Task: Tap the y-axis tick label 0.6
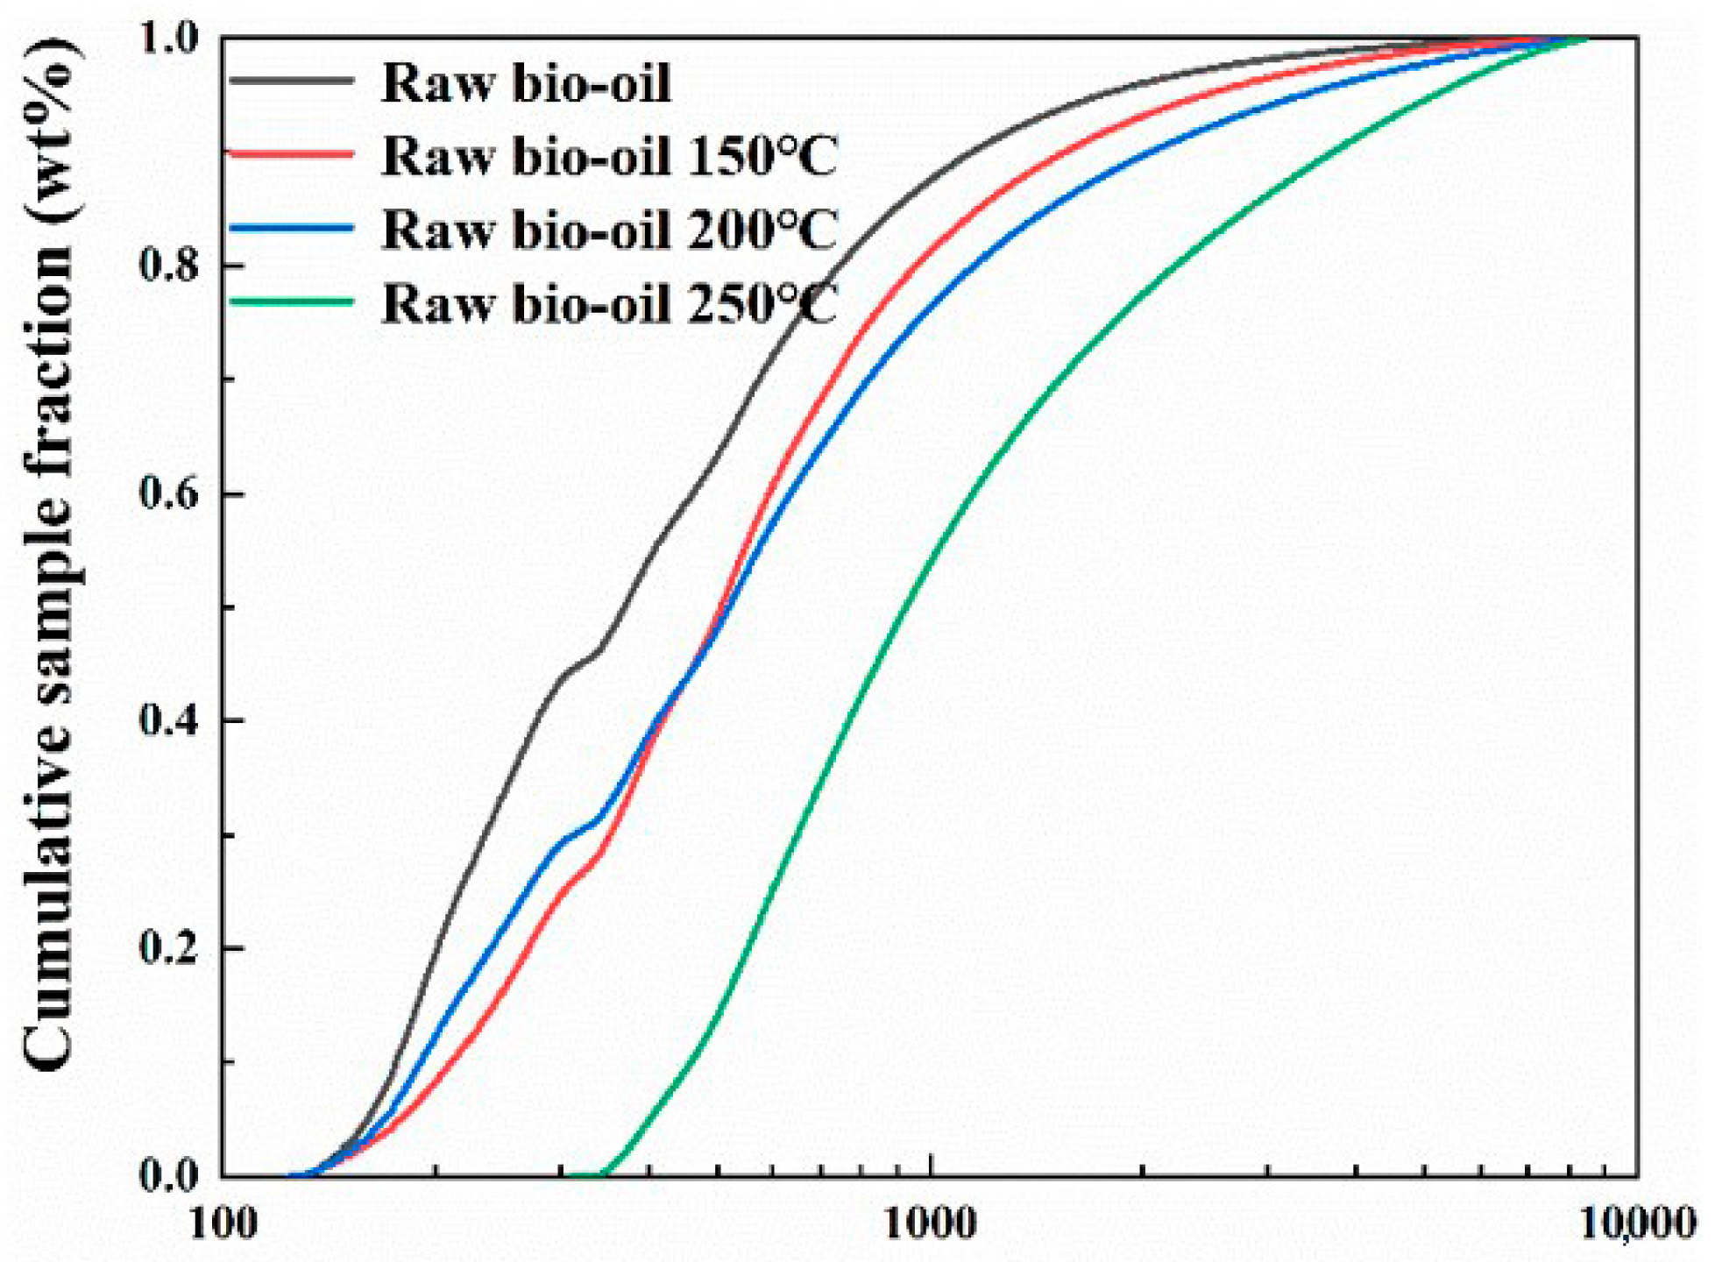click(170, 493)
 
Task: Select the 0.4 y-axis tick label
click(170, 720)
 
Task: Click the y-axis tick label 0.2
click(170, 948)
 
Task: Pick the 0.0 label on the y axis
click(170, 1175)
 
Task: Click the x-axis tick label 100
click(223, 1224)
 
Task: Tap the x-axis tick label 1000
click(930, 1224)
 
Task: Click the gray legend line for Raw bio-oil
click(291, 81)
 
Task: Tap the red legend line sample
click(291, 154)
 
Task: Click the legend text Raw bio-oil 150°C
click(610, 156)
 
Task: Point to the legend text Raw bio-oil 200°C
click(610, 230)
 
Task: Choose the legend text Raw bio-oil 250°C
click(610, 304)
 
